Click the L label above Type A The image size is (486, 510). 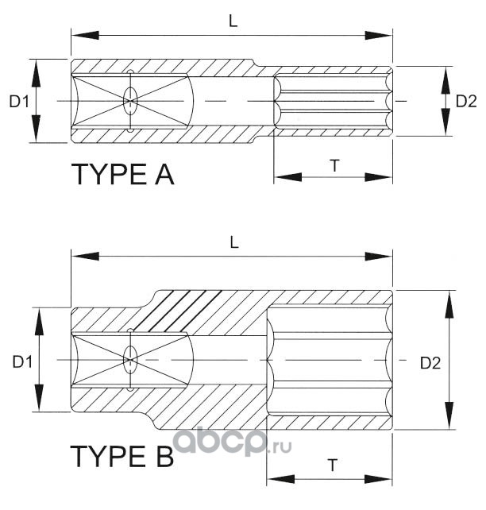coord(233,21)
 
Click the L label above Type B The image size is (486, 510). coord(234,242)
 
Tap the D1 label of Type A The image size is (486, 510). coord(19,102)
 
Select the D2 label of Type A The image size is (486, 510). coord(466,102)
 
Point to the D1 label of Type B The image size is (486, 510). coord(22,361)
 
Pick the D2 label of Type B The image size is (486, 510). coord(430,363)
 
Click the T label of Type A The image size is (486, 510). coord(334,165)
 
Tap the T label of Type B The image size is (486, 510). coord(332,466)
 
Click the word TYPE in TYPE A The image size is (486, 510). coord(110,175)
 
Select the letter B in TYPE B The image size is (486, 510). coord(165,456)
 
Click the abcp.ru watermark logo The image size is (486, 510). coord(232,442)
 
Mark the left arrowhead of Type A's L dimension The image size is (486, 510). coord(85,35)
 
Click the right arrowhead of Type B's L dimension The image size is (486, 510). coord(379,257)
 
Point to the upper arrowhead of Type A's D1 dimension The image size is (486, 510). coord(36,73)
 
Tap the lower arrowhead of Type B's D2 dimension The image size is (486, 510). coord(449,415)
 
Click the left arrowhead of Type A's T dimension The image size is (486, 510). coord(287,177)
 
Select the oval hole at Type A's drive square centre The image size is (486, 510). coord(131,101)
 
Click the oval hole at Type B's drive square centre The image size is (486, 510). coord(131,360)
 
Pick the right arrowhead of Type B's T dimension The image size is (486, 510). coord(379,479)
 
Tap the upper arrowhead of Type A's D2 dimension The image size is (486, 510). coord(446,80)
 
